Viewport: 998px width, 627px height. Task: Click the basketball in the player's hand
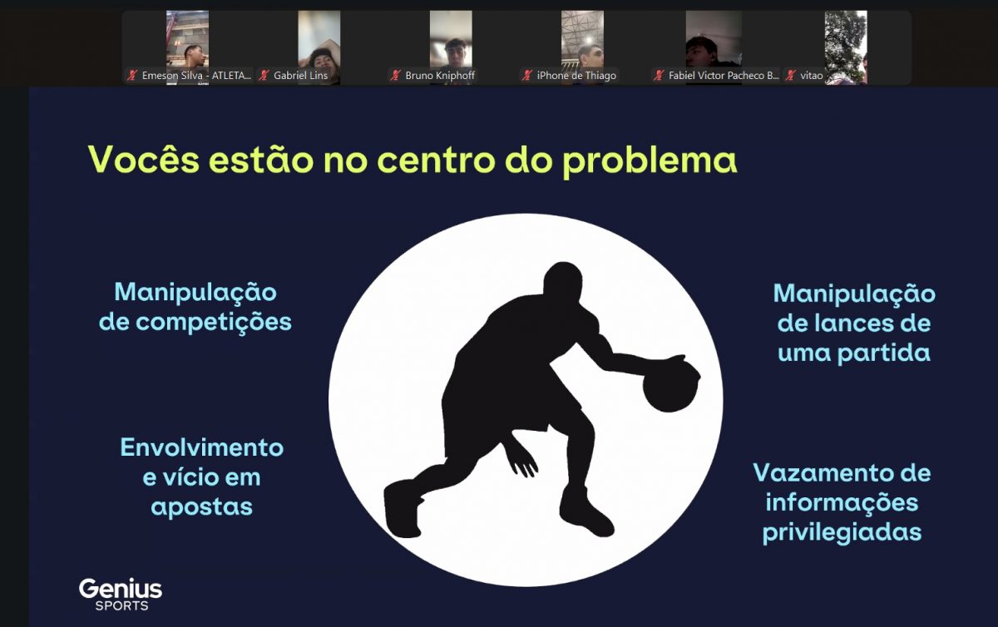coord(670,386)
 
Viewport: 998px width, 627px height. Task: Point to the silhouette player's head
coord(563,282)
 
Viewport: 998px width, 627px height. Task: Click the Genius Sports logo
coord(121,594)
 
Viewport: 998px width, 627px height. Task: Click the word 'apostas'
coord(202,507)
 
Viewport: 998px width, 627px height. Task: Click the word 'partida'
coord(884,353)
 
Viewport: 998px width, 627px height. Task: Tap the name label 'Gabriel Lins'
coord(300,76)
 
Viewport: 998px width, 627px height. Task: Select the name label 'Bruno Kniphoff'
coord(440,76)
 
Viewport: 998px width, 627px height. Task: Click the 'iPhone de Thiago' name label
coord(576,76)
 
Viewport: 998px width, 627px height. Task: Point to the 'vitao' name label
coord(812,76)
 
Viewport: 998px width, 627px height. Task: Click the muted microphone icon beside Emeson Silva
coord(132,76)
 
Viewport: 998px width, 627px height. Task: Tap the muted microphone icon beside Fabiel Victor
coord(659,76)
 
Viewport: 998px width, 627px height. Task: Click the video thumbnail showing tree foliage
coord(846,47)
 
